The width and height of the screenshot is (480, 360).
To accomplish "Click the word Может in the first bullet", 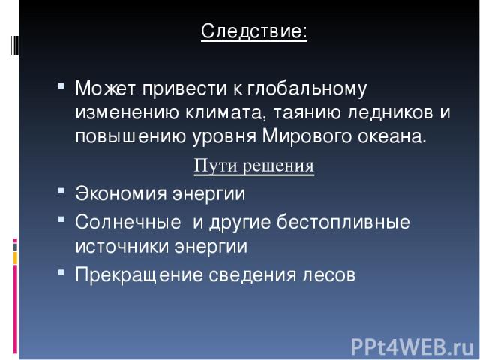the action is click(x=105, y=88).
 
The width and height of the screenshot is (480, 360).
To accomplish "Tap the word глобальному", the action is click(x=307, y=88).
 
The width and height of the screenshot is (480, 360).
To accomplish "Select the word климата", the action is click(x=224, y=112).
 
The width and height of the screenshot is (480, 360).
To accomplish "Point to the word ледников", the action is click(x=390, y=112).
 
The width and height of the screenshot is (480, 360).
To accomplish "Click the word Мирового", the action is click(x=307, y=136).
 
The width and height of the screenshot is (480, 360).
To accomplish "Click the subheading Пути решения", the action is click(x=254, y=166).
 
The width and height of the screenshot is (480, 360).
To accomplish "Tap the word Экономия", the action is click(x=121, y=193).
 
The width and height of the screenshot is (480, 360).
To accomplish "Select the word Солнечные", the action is click(x=128, y=222).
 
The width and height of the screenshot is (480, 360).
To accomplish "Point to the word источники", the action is click(x=121, y=247).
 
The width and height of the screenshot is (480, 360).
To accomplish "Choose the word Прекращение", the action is click(x=139, y=274).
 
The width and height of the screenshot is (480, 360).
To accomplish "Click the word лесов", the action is click(x=329, y=275).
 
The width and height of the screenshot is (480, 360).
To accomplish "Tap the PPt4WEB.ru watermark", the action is click(x=412, y=347).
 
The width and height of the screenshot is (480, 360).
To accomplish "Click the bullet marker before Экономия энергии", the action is click(x=61, y=191).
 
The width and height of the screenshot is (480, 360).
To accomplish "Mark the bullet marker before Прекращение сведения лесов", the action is click(x=61, y=271).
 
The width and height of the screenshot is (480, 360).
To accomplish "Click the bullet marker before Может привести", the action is click(x=61, y=85).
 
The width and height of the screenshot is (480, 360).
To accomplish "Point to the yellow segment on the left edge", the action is click(x=15, y=258).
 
